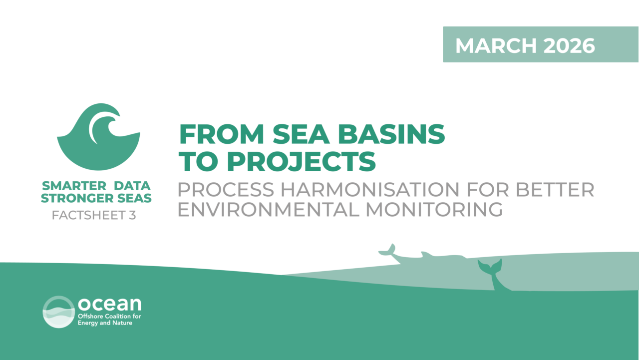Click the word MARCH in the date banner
(496, 45)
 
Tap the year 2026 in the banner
(569, 45)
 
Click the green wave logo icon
(98, 137)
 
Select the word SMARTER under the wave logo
(74, 186)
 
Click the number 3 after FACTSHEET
(132, 215)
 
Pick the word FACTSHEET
(89, 215)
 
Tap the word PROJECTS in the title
(301, 161)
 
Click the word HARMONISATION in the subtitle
(370, 190)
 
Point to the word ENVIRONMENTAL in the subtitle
(268, 210)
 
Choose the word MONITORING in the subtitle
(434, 210)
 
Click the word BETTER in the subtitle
(555, 190)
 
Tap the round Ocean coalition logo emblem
(59, 312)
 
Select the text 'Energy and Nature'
(105, 323)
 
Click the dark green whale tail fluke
(490, 267)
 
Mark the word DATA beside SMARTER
(132, 186)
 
